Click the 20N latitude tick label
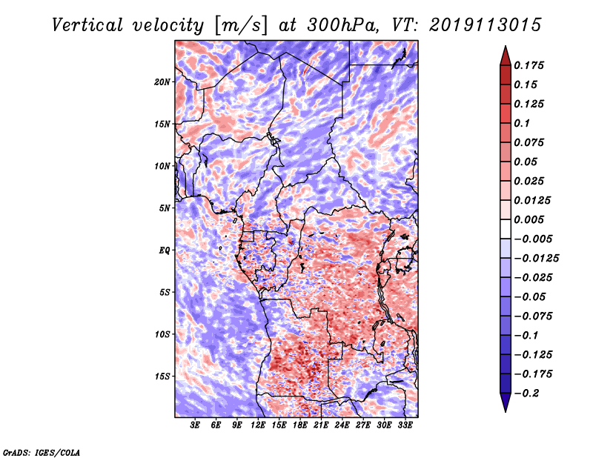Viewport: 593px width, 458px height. point(162,82)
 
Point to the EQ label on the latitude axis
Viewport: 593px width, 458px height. point(164,250)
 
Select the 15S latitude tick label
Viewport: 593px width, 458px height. point(162,376)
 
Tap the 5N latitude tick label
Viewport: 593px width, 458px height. point(165,208)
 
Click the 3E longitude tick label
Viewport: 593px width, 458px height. point(196,425)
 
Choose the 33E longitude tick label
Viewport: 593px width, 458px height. point(405,425)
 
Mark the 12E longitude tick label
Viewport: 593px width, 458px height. point(259,425)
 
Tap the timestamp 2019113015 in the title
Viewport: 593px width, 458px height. point(480,24)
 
